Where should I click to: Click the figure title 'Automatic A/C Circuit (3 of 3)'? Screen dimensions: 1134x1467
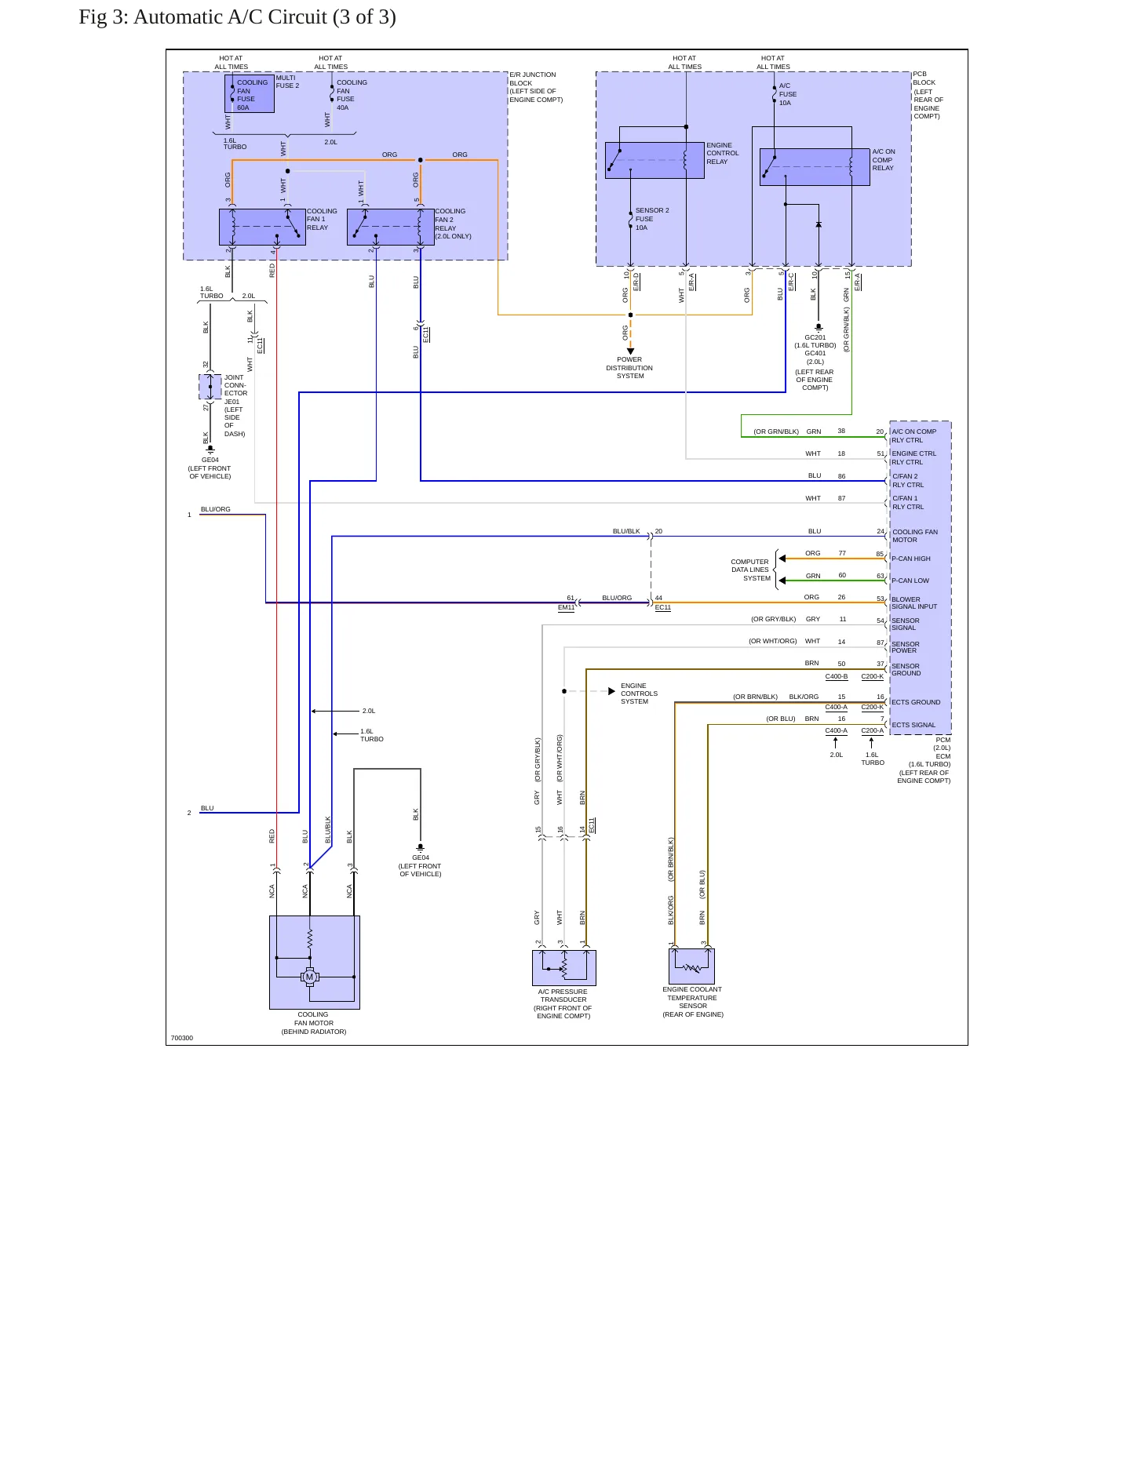(264, 17)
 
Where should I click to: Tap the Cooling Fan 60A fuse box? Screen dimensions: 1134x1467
(250, 94)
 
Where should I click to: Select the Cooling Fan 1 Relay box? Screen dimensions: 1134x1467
(262, 228)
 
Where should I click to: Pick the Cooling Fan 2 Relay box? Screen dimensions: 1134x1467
(391, 228)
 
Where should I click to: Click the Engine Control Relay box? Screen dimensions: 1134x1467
(655, 160)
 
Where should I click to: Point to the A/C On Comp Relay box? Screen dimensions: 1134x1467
(815, 167)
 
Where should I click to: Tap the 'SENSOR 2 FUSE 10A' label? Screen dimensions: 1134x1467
(651, 219)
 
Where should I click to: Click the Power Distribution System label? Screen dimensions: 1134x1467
(629, 368)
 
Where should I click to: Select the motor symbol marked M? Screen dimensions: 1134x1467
(310, 977)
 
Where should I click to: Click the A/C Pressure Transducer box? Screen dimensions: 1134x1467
(564, 968)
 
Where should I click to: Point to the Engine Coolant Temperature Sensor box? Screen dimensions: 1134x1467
(691, 966)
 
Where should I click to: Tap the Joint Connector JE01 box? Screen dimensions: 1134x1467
(210, 387)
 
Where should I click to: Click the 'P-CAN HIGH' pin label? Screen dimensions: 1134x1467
(910, 559)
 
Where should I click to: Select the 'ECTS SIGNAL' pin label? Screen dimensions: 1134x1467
(913, 725)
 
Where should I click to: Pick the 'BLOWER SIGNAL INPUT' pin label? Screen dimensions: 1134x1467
(914, 602)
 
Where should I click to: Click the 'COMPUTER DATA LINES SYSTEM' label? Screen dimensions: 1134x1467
(750, 570)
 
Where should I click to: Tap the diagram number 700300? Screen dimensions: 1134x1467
(182, 1038)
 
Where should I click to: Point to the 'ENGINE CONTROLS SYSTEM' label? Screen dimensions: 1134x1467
(640, 693)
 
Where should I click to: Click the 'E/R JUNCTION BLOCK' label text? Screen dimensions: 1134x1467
(534, 79)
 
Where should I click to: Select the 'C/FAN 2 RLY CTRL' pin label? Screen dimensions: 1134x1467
(908, 480)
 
